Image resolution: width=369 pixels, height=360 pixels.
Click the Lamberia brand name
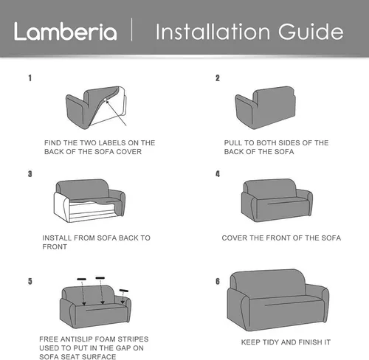(x=65, y=31)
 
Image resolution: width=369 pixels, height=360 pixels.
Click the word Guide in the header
(x=311, y=32)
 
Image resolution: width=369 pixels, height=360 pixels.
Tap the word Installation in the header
(x=213, y=32)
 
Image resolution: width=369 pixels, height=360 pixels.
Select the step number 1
(x=30, y=78)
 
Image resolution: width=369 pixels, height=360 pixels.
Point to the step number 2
(x=218, y=78)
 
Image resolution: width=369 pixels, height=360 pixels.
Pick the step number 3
(x=30, y=174)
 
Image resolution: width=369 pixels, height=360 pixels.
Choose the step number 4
(x=218, y=174)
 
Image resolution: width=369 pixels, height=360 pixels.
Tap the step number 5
(x=30, y=281)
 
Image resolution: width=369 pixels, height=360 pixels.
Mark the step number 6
(x=218, y=281)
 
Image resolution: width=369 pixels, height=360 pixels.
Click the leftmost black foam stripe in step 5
(x=82, y=279)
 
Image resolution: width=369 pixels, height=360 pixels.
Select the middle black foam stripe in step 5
(x=100, y=278)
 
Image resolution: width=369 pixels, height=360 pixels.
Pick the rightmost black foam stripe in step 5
(x=124, y=291)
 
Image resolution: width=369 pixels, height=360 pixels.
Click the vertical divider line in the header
(x=132, y=30)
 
